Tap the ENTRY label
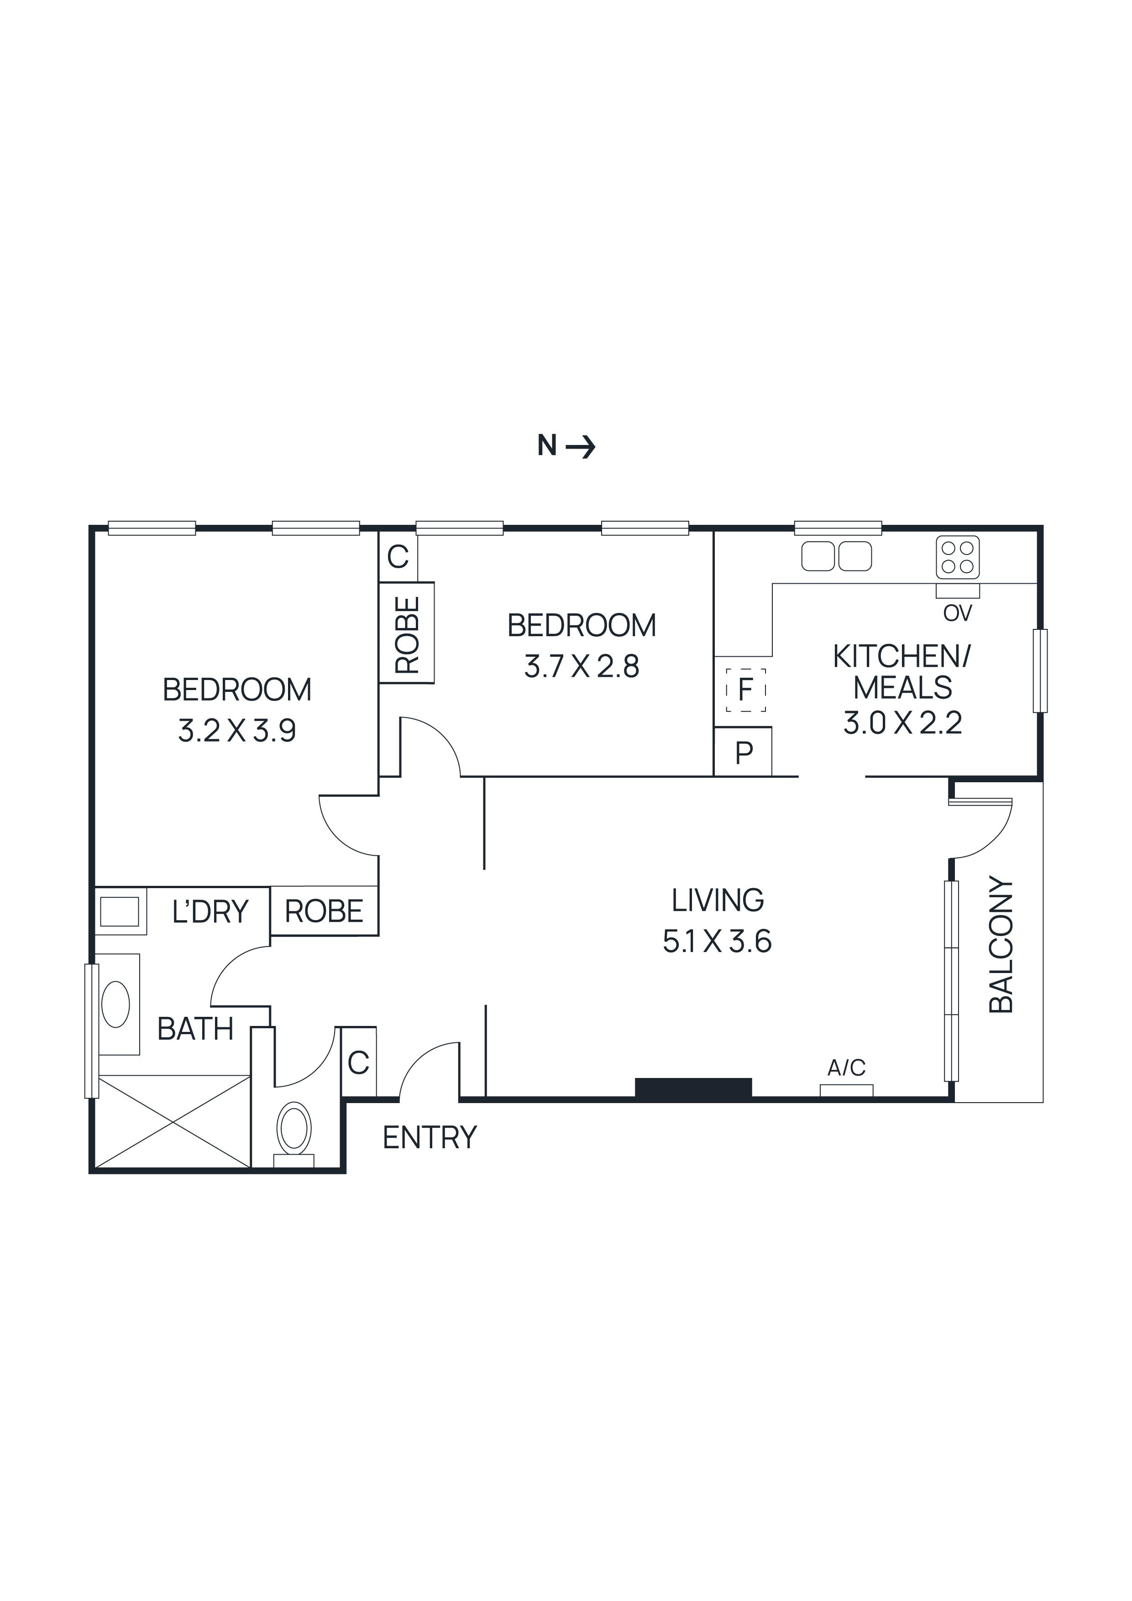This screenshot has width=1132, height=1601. (430, 1138)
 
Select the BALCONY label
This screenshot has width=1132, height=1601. (1001, 944)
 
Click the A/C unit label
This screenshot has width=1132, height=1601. (846, 1067)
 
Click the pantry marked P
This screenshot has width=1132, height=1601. (744, 753)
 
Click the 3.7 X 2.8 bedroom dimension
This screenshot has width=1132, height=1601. (582, 667)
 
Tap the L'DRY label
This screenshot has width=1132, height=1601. (210, 912)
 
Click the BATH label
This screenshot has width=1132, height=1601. (195, 1029)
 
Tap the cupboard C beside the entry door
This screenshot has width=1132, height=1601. (358, 1062)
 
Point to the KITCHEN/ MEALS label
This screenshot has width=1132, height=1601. (902, 672)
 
